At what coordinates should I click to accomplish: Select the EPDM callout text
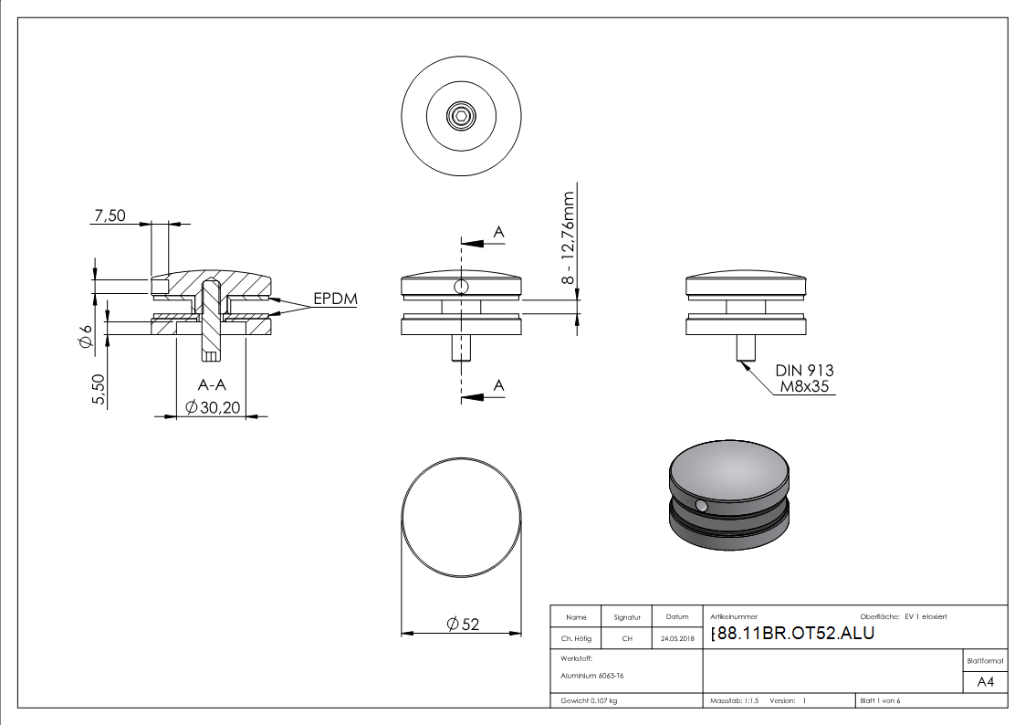coord(335,299)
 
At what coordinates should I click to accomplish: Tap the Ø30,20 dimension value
coord(212,408)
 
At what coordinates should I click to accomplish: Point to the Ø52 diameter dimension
coord(463,625)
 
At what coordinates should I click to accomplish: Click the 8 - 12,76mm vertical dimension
coord(569,238)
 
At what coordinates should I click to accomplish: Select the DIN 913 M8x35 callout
coord(804,379)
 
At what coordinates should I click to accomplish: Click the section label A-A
coord(212,385)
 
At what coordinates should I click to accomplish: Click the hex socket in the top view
coord(461,116)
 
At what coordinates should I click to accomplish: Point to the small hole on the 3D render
coord(701,506)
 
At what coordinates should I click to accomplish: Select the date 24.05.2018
coord(677,639)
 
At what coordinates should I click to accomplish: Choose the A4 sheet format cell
coord(985,683)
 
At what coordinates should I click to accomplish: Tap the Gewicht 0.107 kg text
coord(589,700)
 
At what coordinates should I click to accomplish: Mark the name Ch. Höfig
coord(576,639)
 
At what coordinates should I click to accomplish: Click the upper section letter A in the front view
coord(498,234)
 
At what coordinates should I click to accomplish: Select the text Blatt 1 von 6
coord(880,700)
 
